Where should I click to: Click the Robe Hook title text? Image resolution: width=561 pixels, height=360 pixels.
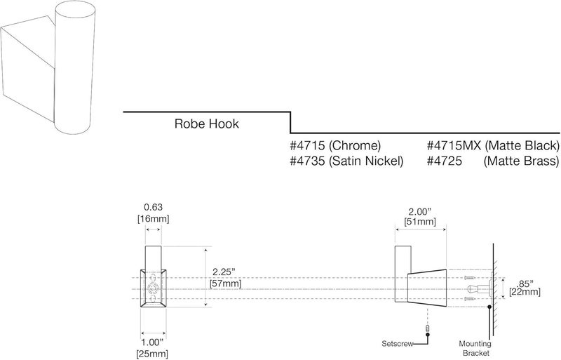pos(207,124)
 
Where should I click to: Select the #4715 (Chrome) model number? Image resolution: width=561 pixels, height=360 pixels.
pos(335,146)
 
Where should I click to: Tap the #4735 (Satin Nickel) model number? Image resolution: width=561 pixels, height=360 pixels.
pos(346,161)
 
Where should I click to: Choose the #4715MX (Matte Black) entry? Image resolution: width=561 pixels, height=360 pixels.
pos(493,146)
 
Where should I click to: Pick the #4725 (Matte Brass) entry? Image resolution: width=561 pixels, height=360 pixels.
pos(493,161)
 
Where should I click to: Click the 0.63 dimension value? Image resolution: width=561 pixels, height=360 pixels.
pos(154,207)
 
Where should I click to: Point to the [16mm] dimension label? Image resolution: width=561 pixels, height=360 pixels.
pos(154,218)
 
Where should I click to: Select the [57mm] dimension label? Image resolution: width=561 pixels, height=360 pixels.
pos(225,284)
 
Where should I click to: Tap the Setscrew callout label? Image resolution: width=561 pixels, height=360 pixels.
pos(397,345)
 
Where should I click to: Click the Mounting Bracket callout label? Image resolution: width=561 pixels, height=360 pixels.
pos(475,349)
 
